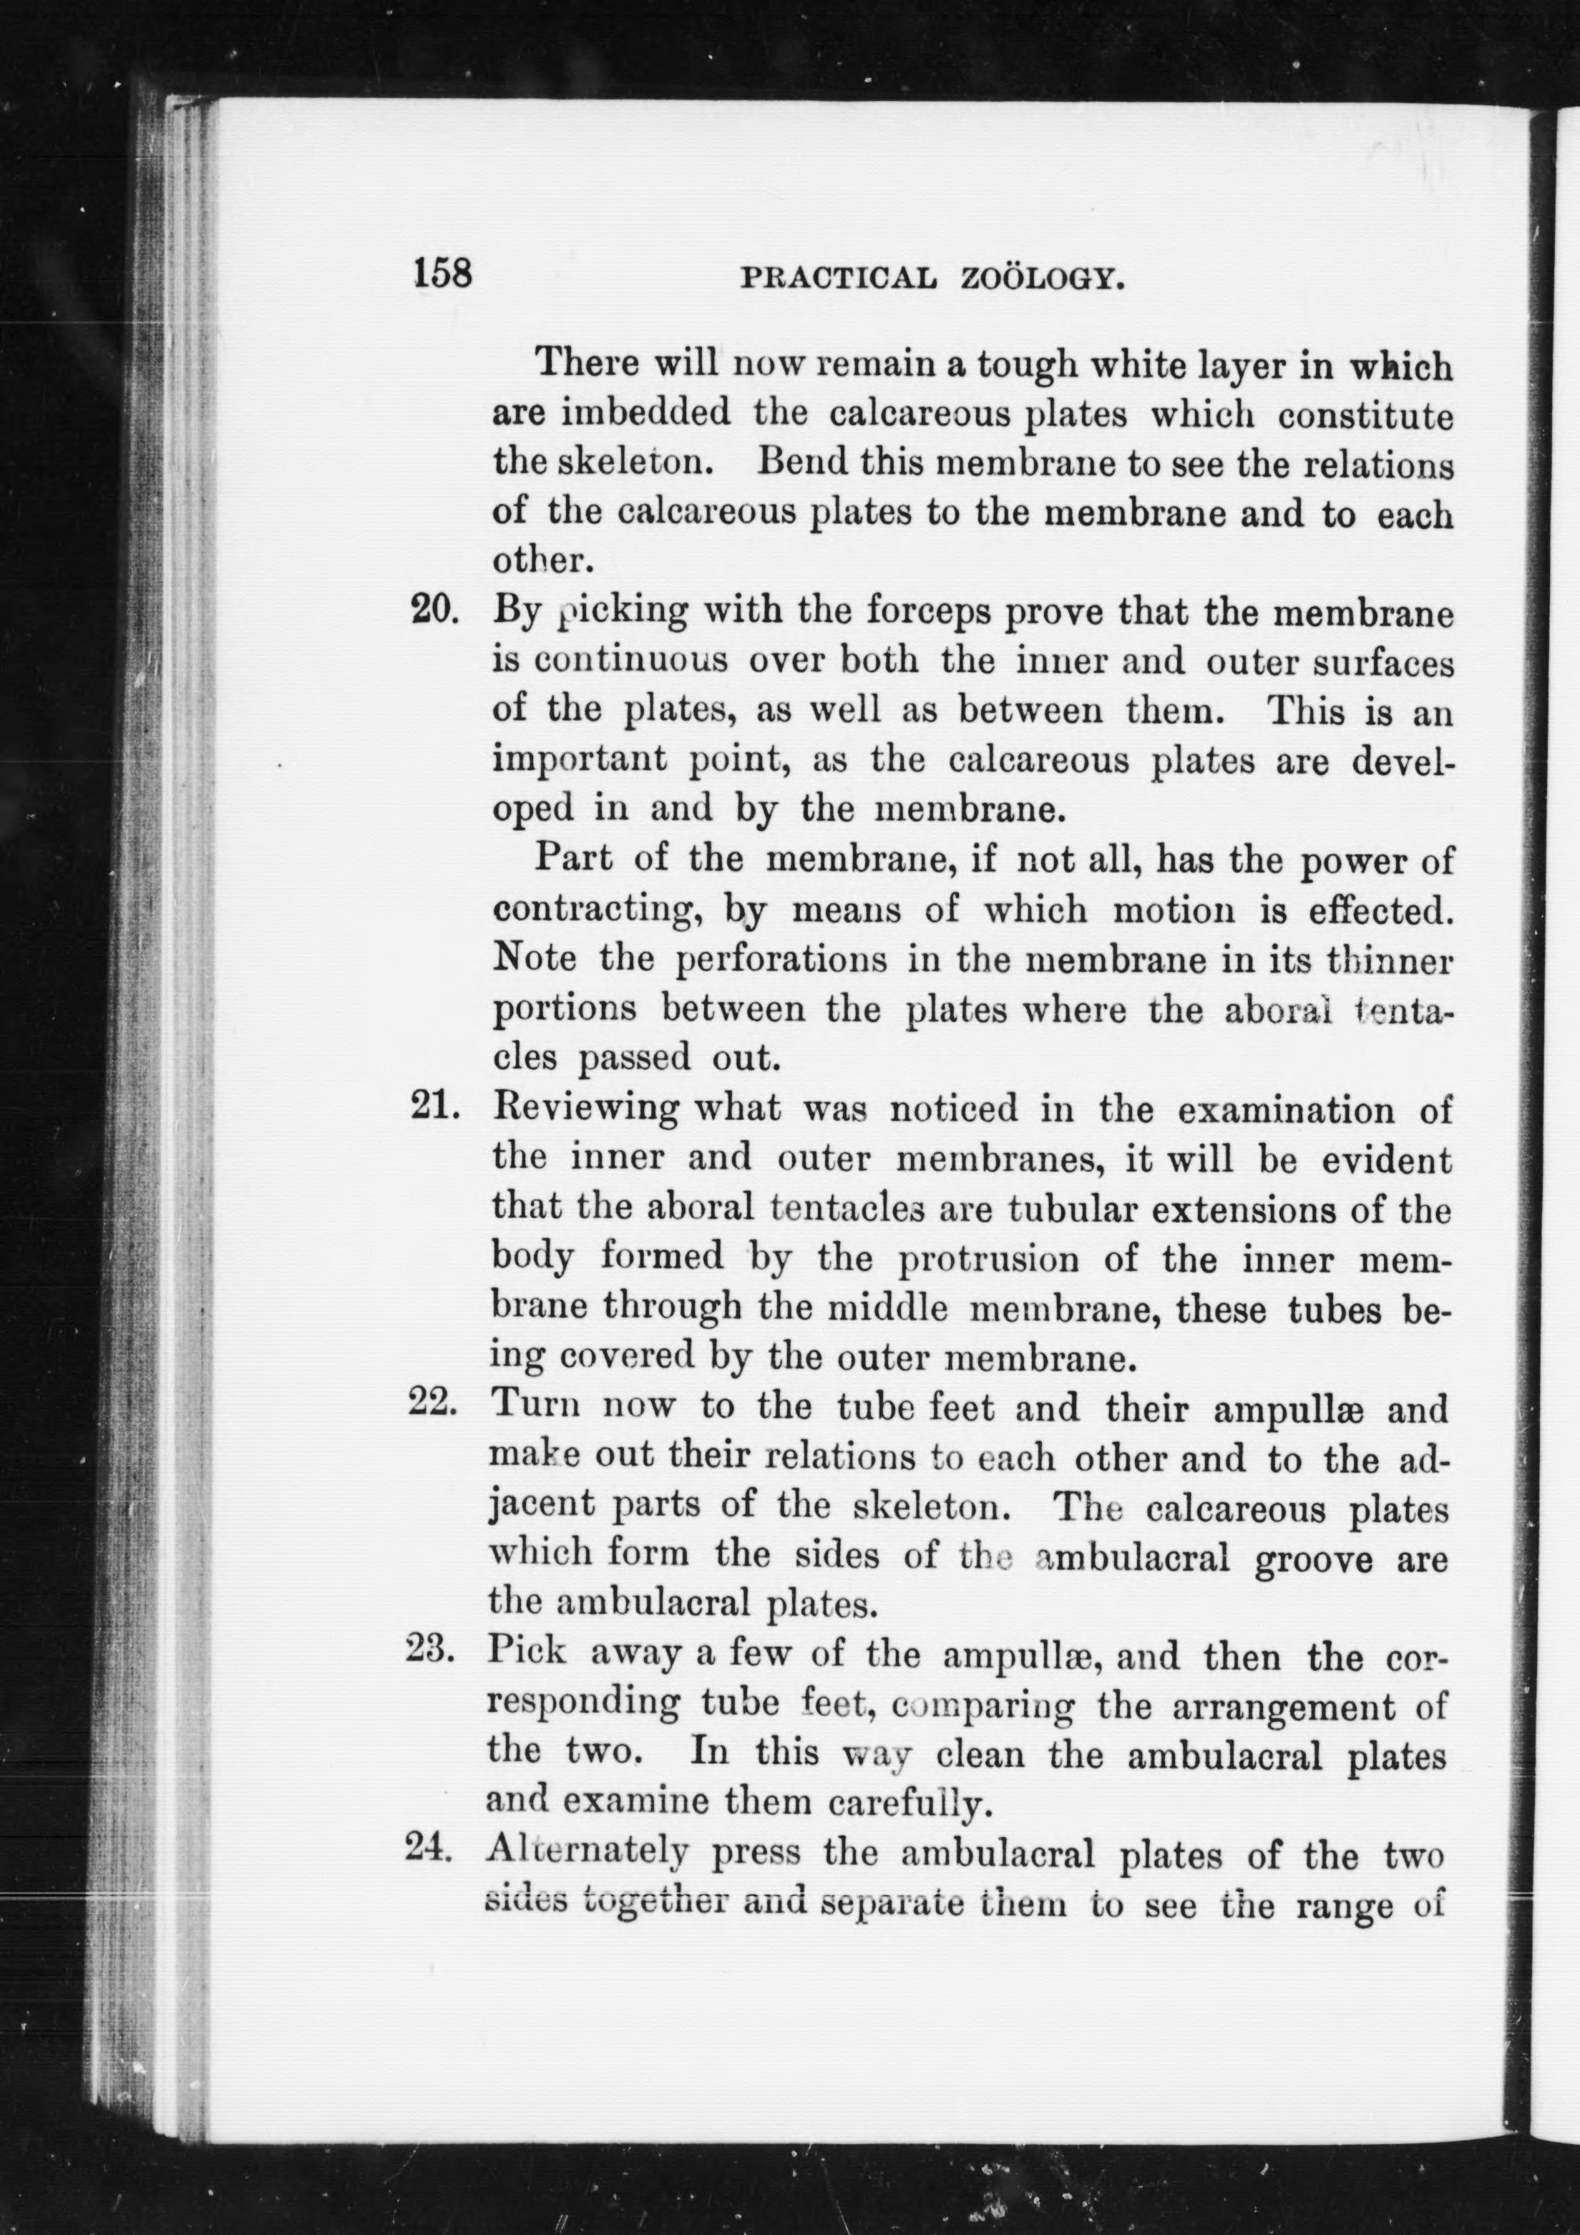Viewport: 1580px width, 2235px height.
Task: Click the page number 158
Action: tap(443, 273)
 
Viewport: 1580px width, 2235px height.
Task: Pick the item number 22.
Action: tap(432, 1405)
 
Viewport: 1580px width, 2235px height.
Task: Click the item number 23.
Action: tap(429, 1650)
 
